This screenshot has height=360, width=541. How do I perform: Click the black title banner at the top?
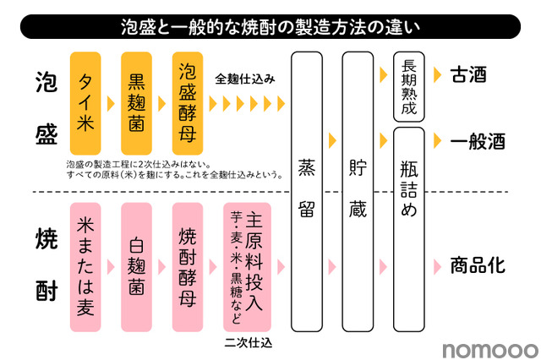point(270,26)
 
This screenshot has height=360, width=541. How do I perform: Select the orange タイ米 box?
point(85,103)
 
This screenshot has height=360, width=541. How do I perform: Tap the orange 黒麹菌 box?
point(136,103)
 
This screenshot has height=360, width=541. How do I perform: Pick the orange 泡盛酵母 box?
point(188,103)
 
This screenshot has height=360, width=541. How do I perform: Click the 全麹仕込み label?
point(244,79)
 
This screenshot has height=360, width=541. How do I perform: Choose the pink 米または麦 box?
point(85,267)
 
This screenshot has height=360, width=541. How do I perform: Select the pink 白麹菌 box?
point(136,267)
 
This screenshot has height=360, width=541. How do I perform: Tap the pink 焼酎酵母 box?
point(188,267)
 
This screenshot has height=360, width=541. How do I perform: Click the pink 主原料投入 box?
point(247,267)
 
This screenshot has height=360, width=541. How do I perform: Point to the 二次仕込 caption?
point(248,342)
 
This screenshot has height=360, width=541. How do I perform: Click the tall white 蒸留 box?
point(307,192)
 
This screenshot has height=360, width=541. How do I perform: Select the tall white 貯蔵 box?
point(358,192)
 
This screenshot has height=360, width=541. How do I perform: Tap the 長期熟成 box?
point(409,86)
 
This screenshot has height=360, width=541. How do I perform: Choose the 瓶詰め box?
point(409,229)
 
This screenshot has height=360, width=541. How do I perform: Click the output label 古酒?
point(468,74)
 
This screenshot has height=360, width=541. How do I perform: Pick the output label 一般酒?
point(478,141)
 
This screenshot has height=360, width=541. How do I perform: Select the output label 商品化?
point(478,266)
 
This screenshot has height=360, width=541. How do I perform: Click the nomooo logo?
point(490,350)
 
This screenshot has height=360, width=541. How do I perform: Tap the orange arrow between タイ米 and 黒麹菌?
point(111,103)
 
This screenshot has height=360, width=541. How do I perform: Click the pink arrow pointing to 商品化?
point(437,267)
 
